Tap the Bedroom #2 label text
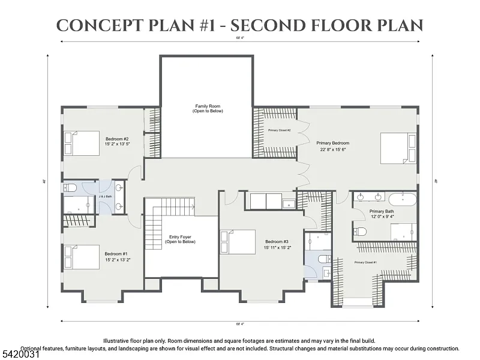118,138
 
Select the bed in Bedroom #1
82,257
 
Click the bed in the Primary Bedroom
398,148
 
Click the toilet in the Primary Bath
361,232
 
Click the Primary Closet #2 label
279,130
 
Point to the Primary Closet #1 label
365,262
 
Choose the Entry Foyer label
181,237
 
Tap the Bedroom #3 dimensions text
277,247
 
